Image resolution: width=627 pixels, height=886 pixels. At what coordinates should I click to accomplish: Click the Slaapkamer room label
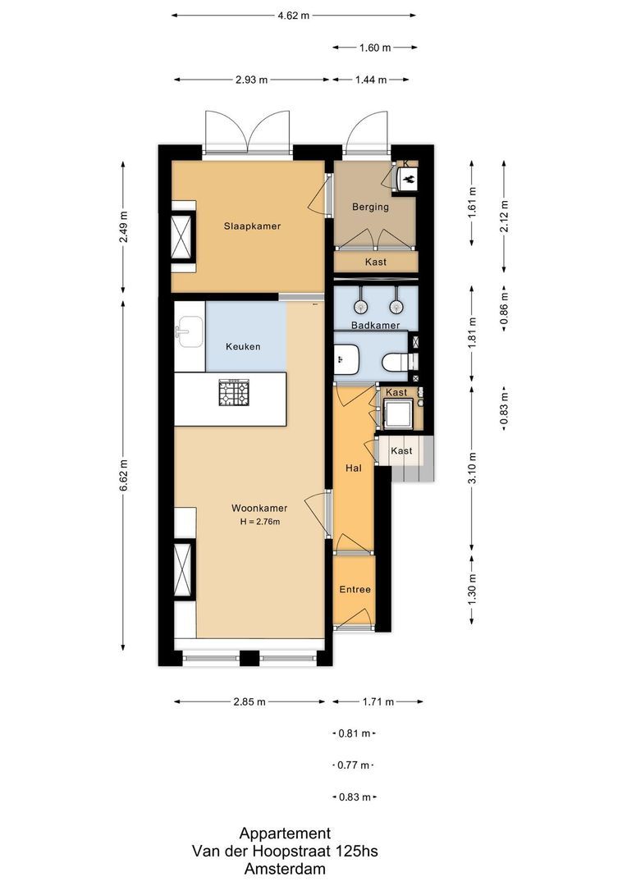pos(252,226)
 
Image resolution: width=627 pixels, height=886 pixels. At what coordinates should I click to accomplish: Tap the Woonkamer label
pos(259,508)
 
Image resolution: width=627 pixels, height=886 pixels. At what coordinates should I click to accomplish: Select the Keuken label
pos(243,346)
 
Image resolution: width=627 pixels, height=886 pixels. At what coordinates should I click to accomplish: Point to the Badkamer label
pos(375,325)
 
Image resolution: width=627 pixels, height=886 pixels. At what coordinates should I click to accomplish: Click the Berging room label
pos(370,207)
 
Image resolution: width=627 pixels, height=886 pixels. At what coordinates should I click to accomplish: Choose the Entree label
pos(355,589)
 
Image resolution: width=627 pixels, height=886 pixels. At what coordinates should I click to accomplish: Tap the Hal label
pos(354,468)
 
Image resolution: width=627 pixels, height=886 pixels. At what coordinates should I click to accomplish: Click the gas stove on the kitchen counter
pos(234,393)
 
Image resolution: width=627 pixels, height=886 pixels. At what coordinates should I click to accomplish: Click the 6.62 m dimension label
pos(124,475)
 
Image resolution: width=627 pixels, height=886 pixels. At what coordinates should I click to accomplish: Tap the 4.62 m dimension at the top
pos(294,16)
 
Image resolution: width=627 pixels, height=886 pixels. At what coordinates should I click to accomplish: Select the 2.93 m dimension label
pos(252,80)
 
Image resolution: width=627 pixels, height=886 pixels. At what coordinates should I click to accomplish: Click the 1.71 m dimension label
pos(378,701)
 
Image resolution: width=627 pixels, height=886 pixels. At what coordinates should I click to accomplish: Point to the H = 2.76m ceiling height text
pos(260,522)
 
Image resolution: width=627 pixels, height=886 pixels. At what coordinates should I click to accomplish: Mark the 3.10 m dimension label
pos(473,468)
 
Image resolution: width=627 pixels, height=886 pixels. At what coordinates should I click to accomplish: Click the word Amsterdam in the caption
pos(285,869)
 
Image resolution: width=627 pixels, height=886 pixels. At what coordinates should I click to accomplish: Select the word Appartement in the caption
pos(285,833)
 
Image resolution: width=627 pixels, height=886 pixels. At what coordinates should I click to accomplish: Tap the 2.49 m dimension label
pos(124,227)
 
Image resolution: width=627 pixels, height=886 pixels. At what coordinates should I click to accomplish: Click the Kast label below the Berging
pos(375,262)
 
